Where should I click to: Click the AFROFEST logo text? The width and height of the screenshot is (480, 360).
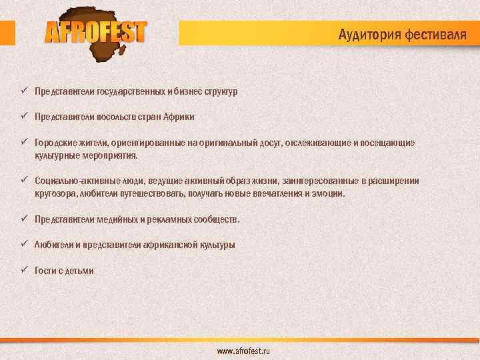95,32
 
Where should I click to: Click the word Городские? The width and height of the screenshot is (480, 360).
55,143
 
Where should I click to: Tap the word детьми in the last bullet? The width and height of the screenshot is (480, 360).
79,271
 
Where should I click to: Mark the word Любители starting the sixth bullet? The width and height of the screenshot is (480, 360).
53,245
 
